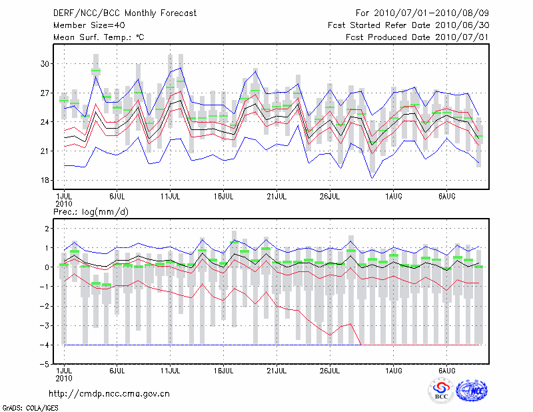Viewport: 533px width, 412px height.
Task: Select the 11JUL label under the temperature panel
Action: (171, 197)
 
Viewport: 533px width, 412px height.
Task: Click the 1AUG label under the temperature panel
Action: (394, 197)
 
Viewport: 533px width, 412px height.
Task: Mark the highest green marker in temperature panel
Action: (96, 71)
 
